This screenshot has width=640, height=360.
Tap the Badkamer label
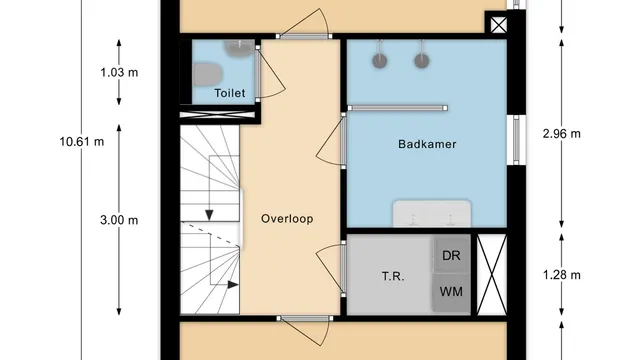427,144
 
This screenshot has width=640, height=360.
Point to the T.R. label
393,276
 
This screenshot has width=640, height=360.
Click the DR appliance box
451,255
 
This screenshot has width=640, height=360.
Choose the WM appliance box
451,292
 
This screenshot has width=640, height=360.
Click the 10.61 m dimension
82,141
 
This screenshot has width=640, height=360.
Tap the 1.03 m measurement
119,72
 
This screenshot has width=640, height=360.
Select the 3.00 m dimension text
119,219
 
